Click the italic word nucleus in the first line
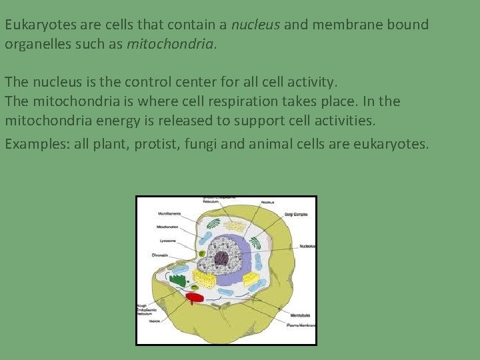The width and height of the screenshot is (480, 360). [256, 25]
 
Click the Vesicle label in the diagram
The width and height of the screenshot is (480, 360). [155, 321]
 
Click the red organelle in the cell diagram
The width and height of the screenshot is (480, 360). [194, 297]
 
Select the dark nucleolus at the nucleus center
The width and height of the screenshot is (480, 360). [221, 258]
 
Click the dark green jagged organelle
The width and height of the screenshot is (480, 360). [177, 279]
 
